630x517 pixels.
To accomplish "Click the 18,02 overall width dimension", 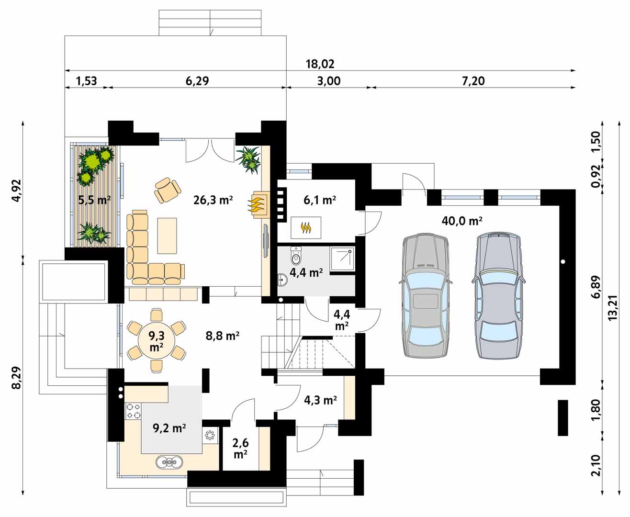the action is tap(320, 64).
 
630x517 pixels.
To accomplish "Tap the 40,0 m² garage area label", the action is tap(462, 221).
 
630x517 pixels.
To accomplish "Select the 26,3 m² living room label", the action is tap(213, 200).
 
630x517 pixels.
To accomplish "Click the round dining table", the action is tap(156, 341).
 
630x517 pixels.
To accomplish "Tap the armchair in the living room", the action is tap(167, 190).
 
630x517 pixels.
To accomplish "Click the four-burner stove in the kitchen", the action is tap(133, 411).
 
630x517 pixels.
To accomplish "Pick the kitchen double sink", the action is tap(169, 462).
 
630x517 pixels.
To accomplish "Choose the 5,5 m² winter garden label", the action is tap(94, 200).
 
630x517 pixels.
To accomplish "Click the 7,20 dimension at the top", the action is tap(473, 81).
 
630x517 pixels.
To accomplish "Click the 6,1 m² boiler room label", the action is tap(320, 200).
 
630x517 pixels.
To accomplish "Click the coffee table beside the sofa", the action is tap(167, 236).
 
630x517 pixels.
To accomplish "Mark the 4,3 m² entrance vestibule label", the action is tap(321, 400).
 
